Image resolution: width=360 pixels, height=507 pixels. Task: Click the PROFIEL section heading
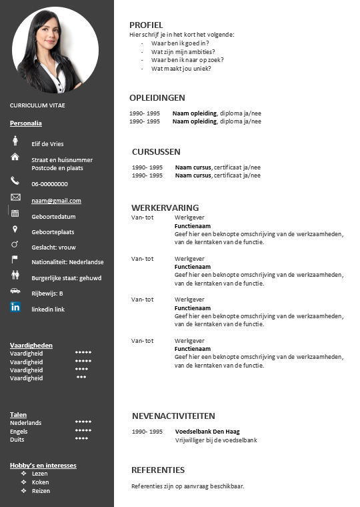(146, 25)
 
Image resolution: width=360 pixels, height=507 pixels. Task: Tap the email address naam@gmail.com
(56, 200)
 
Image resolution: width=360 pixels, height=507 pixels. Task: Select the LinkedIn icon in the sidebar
(15, 307)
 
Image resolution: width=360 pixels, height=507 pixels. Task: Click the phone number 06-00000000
(49, 183)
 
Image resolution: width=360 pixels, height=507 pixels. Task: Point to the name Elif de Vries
(47, 143)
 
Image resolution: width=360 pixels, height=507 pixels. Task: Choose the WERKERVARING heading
(165, 207)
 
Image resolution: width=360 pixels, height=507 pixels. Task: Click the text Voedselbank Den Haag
(207, 432)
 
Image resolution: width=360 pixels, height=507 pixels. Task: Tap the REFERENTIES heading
(158, 470)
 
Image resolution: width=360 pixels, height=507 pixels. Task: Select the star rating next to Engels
(83, 431)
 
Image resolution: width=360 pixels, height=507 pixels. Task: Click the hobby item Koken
(40, 482)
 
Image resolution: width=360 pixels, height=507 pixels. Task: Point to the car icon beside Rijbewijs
(15, 291)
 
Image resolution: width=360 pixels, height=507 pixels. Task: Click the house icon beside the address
(15, 157)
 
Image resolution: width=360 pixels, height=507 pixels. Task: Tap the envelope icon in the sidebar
(15, 197)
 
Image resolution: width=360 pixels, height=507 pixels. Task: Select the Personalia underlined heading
(26, 123)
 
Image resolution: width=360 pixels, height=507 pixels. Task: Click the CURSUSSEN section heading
(156, 151)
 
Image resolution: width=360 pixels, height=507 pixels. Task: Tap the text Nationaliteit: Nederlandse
(67, 262)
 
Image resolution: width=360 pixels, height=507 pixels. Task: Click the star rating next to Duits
(82, 439)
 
